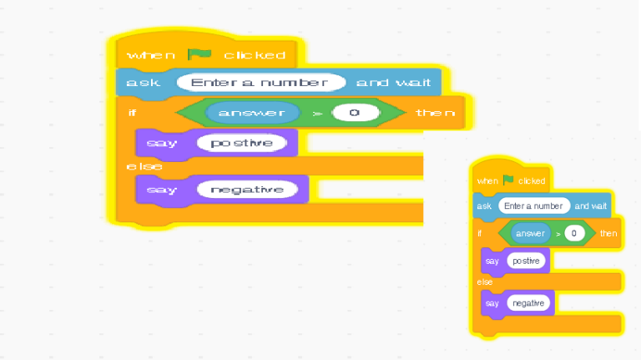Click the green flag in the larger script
click(199, 54)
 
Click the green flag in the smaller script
click(508, 180)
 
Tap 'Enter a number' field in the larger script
click(261, 83)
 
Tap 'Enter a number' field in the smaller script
click(534, 205)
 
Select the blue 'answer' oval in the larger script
click(252, 112)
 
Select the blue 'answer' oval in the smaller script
click(530, 233)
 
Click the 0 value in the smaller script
click(573, 233)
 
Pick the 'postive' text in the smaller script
click(526, 261)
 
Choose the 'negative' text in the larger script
click(247, 190)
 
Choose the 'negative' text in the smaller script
click(528, 302)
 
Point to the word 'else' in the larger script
click(144, 167)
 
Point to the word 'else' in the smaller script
click(484, 282)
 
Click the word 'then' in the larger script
click(435, 113)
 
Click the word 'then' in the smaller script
click(608, 233)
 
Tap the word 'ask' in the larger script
click(139, 83)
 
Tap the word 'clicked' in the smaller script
click(532, 180)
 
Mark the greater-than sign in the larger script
click(316, 113)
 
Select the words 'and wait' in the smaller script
click(591, 205)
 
